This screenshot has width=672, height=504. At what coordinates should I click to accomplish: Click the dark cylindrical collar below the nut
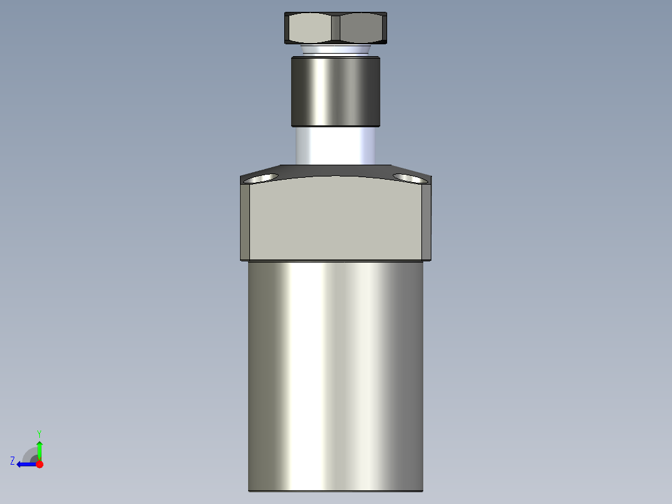pyautogui.click(x=335, y=91)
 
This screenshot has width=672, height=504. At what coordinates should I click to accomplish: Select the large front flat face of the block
pyautogui.click(x=335, y=218)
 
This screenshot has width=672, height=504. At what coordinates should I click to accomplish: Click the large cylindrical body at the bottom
pyautogui.click(x=335, y=374)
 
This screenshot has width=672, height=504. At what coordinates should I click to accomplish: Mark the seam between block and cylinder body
pyautogui.click(x=335, y=260)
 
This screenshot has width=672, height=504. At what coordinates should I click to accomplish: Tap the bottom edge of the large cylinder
pyautogui.click(x=335, y=490)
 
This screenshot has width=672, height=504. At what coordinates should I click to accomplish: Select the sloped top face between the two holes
pyautogui.click(x=335, y=170)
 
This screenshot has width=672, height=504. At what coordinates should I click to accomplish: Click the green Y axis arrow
pyautogui.click(x=39, y=449)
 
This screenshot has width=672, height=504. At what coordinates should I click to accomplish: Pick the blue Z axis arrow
pyautogui.click(x=25, y=464)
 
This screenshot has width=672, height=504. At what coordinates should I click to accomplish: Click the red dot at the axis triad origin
pyautogui.click(x=39, y=464)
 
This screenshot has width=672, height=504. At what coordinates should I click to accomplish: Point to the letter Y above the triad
pyautogui.click(x=39, y=433)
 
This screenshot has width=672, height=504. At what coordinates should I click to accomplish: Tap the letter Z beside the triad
pyautogui.click(x=12, y=461)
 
